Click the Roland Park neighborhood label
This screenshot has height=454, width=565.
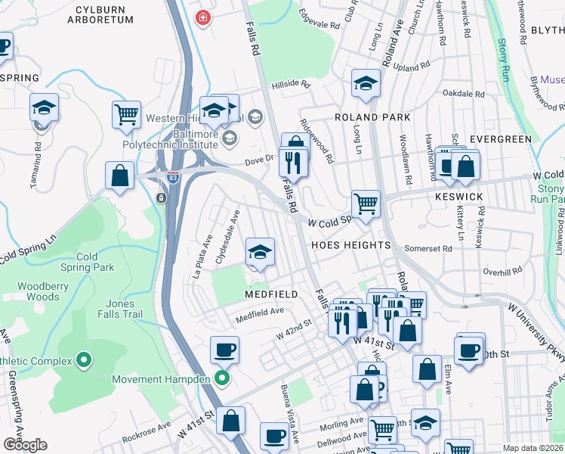click(372, 117)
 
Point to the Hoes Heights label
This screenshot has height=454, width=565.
click(350, 245)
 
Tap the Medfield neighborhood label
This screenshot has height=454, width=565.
click(270, 293)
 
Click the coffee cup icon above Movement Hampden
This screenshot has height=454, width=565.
click(224, 350)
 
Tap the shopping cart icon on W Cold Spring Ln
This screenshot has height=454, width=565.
click(366, 203)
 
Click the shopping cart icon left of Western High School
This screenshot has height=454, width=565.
click(126, 114)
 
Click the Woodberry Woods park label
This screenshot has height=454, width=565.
click(44, 291)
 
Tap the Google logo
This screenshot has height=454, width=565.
click(25, 444)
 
